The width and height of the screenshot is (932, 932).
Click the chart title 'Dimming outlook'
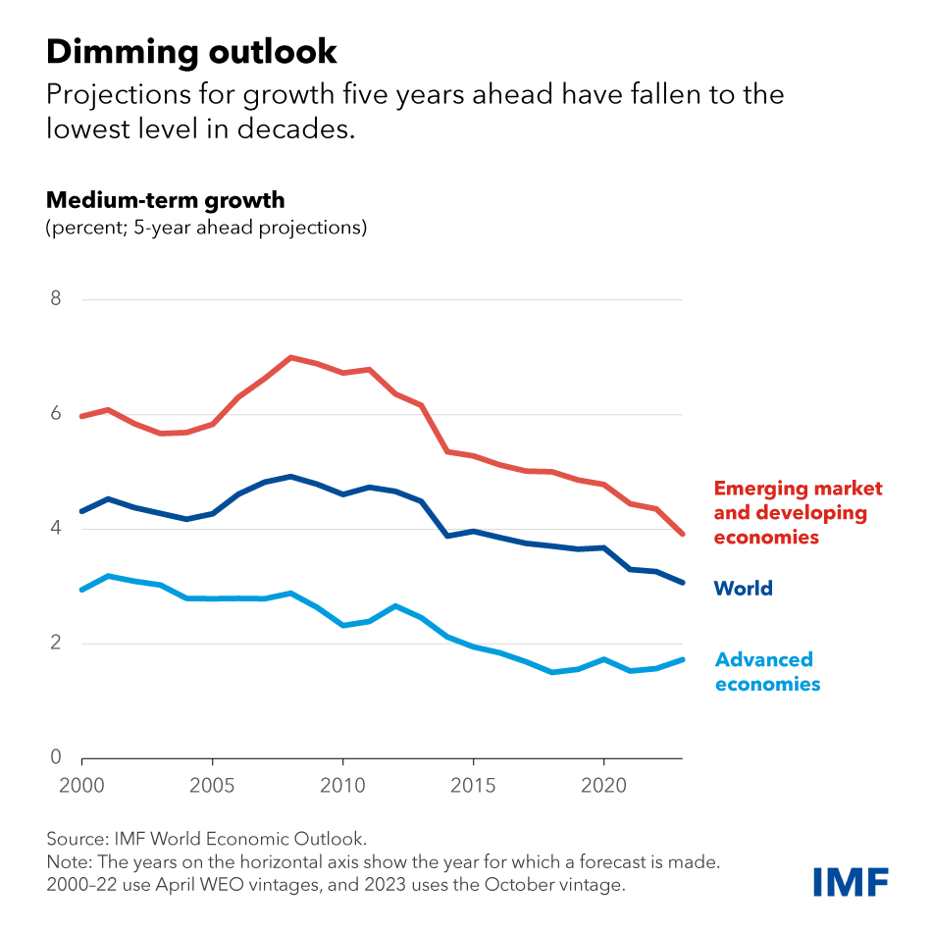point(191,51)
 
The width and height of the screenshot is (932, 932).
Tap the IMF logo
point(850,881)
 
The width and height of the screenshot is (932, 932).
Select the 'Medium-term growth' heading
point(165,201)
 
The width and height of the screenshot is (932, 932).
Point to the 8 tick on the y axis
point(55,298)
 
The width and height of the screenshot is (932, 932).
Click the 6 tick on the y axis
point(55,414)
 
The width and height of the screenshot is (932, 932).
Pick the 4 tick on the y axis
point(55,529)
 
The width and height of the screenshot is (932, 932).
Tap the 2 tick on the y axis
point(55,644)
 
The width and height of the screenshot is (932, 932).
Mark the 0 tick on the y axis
point(55,757)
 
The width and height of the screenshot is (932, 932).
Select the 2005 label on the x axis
point(213,787)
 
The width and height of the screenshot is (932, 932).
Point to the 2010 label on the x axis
point(343,787)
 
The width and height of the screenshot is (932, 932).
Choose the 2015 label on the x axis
point(474,787)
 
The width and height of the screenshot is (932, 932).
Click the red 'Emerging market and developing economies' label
point(798,513)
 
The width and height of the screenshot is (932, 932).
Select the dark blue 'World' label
point(743,589)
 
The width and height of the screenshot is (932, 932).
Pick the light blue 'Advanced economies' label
point(766,672)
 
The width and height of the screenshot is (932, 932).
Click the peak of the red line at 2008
point(290,357)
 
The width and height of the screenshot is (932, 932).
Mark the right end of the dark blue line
point(683,583)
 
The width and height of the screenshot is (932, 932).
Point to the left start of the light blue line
point(82,590)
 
